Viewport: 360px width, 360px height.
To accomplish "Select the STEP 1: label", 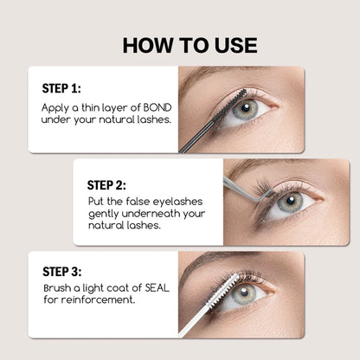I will [62, 88].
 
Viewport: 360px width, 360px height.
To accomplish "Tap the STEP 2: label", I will [107, 184].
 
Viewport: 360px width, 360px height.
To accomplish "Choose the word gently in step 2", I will [107, 213].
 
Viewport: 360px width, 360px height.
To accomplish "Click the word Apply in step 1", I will [56, 109].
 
